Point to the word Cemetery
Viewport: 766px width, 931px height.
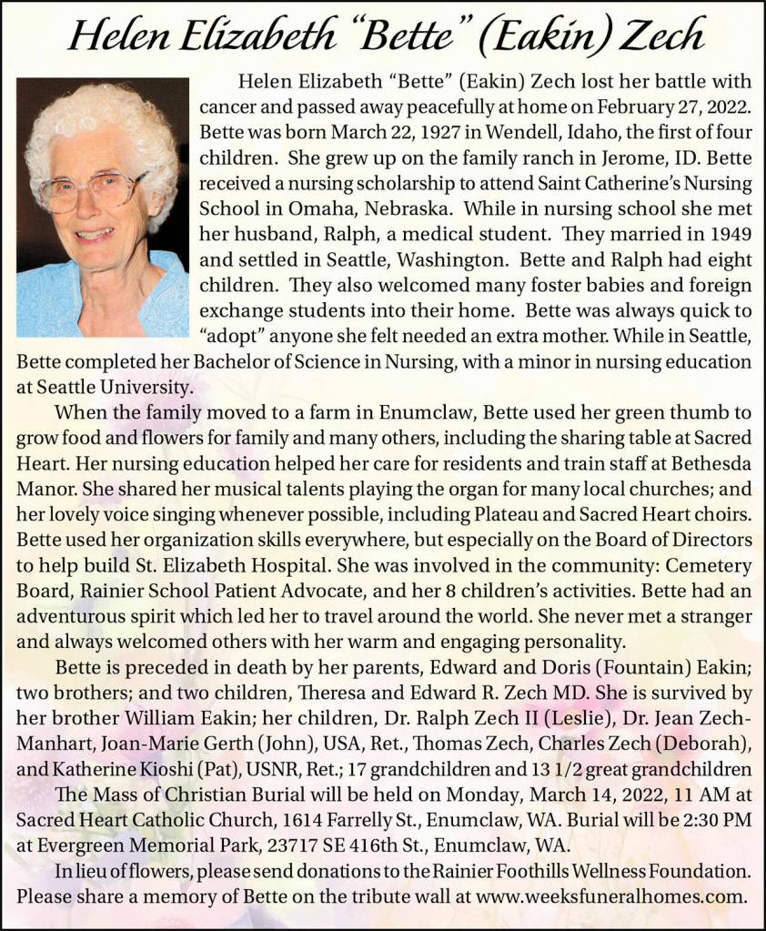[x=710, y=555]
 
